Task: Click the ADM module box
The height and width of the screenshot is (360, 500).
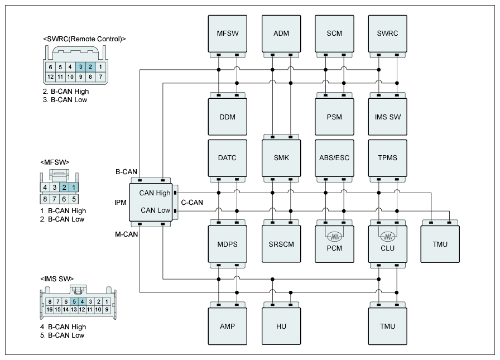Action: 281,33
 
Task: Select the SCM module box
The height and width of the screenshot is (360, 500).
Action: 335,33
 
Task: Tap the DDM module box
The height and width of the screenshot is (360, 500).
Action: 227,117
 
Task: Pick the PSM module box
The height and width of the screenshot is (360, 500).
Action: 335,117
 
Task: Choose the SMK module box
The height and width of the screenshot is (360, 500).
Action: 281,158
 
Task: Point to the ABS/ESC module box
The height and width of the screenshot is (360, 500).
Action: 335,158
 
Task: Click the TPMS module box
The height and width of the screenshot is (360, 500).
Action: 388,158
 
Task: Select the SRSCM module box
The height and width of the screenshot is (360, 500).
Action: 281,244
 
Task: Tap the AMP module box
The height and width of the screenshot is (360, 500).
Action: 227,326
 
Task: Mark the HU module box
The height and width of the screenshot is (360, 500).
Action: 281,326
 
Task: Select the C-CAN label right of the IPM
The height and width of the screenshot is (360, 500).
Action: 192,202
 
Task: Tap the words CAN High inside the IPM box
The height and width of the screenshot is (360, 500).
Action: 155,193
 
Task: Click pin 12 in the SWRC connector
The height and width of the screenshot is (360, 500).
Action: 51,76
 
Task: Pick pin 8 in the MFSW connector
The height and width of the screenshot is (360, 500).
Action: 46,198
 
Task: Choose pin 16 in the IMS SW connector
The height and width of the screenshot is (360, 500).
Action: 50,309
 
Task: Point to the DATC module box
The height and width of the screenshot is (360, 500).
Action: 227,158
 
